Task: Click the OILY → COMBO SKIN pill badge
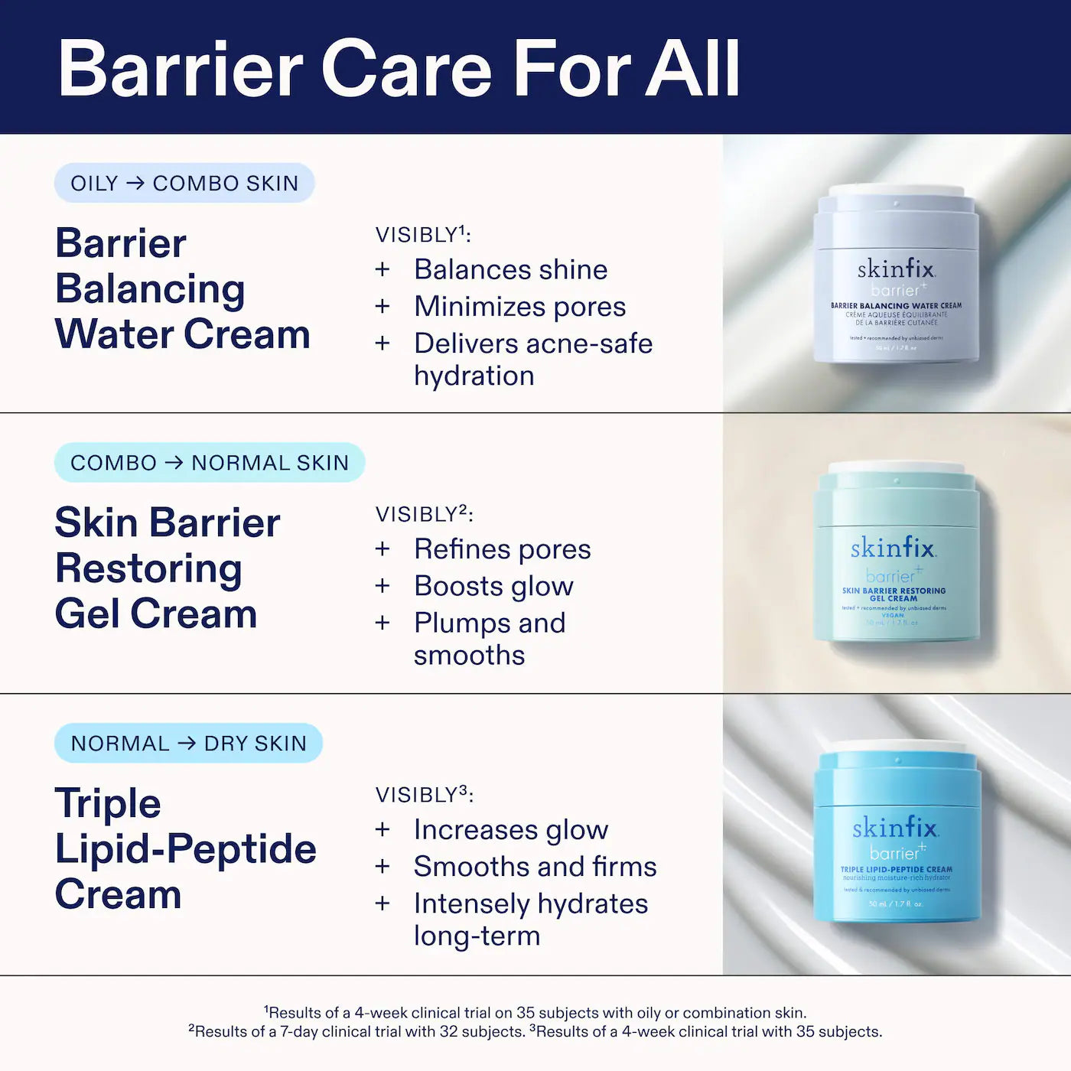coord(184,184)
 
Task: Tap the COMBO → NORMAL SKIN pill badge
coord(209,463)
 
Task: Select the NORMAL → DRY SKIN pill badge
coord(188,743)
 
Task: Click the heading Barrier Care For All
coord(399,69)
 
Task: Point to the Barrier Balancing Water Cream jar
coord(896,275)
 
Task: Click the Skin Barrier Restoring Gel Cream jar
coord(896,555)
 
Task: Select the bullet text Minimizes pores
coord(519,307)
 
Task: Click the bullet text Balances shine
coord(510,269)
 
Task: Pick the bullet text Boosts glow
coord(493,586)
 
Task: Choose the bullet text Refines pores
coord(502,549)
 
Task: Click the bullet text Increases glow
coord(510,829)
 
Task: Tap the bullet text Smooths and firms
coord(535,867)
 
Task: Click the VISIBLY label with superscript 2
coord(424,514)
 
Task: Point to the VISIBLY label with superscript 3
coord(424,795)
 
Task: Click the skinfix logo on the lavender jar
coord(896,269)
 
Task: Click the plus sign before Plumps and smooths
coord(382,623)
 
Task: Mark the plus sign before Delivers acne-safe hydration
coord(382,343)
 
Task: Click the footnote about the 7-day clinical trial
coord(356,1031)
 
